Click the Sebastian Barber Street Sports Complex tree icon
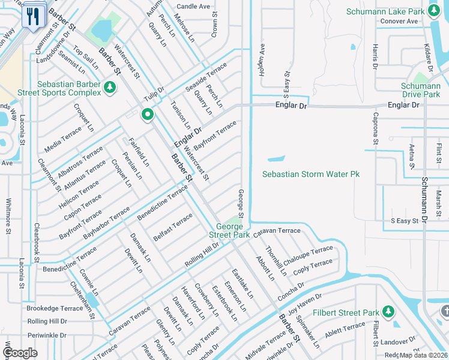click(109, 88)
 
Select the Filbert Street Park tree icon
click(388, 312)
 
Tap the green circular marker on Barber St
click(147, 114)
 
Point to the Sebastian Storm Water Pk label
click(311, 174)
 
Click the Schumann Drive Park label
click(420, 90)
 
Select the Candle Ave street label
click(193, 7)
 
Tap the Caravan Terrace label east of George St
click(276, 230)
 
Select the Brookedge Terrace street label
click(55, 308)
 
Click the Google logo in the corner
click(20, 353)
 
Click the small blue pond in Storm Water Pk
click(275, 160)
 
